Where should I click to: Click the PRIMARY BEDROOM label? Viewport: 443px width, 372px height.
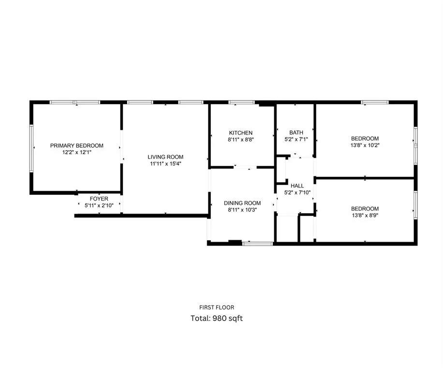pyautogui.click(x=77, y=145)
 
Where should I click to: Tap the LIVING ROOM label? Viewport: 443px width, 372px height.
pyautogui.click(x=165, y=156)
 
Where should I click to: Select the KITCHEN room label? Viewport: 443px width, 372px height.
pyautogui.click(x=241, y=133)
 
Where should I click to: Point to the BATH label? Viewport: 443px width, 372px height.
pyautogui.click(x=296, y=133)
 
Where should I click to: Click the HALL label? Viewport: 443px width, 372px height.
pyautogui.click(x=297, y=186)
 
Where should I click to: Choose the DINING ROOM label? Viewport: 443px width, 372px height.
pyautogui.click(x=242, y=203)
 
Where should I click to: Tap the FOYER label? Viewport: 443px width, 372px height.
pyautogui.click(x=99, y=199)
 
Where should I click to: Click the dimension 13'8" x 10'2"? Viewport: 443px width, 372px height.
pyautogui.click(x=365, y=144)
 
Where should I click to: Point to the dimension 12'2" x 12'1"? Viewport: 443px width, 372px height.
pyautogui.click(x=77, y=152)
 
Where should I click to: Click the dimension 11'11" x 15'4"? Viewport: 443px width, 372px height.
pyautogui.click(x=165, y=163)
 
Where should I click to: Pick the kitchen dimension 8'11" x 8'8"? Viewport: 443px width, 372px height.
pyautogui.click(x=241, y=139)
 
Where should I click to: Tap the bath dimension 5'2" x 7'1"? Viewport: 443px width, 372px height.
pyautogui.click(x=296, y=139)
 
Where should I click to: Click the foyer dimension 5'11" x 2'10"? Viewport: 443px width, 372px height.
pyautogui.click(x=99, y=205)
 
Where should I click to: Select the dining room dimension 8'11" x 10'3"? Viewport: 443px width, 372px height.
pyautogui.click(x=242, y=210)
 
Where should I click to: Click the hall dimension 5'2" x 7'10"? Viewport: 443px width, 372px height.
pyautogui.click(x=297, y=192)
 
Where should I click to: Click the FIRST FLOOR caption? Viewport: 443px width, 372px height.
pyautogui.click(x=217, y=307)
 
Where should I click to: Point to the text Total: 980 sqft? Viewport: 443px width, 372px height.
pyautogui.click(x=217, y=318)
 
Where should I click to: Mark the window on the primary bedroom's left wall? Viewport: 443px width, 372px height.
pyautogui.click(x=31, y=148)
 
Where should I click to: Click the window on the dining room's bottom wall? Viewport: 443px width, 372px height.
pyautogui.click(x=258, y=243)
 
